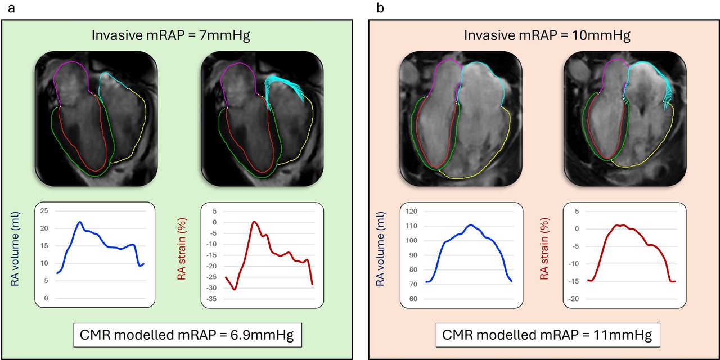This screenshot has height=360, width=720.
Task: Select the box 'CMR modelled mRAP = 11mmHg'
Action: click(547, 336)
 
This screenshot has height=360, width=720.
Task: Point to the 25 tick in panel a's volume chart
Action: click(44, 211)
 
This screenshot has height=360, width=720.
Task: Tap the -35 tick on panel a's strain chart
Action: click(211, 298)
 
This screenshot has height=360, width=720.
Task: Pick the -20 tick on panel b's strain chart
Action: click(574, 299)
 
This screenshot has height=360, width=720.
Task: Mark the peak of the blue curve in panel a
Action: click(80, 222)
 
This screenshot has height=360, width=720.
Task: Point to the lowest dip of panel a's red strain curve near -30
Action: click(234, 289)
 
